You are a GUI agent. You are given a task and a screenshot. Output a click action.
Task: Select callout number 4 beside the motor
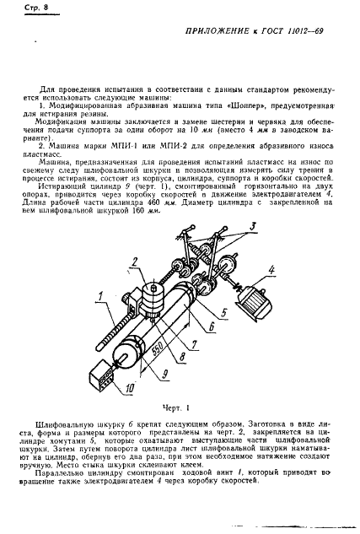point(271,271)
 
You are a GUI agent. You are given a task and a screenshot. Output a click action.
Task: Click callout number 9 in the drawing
point(161,375)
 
